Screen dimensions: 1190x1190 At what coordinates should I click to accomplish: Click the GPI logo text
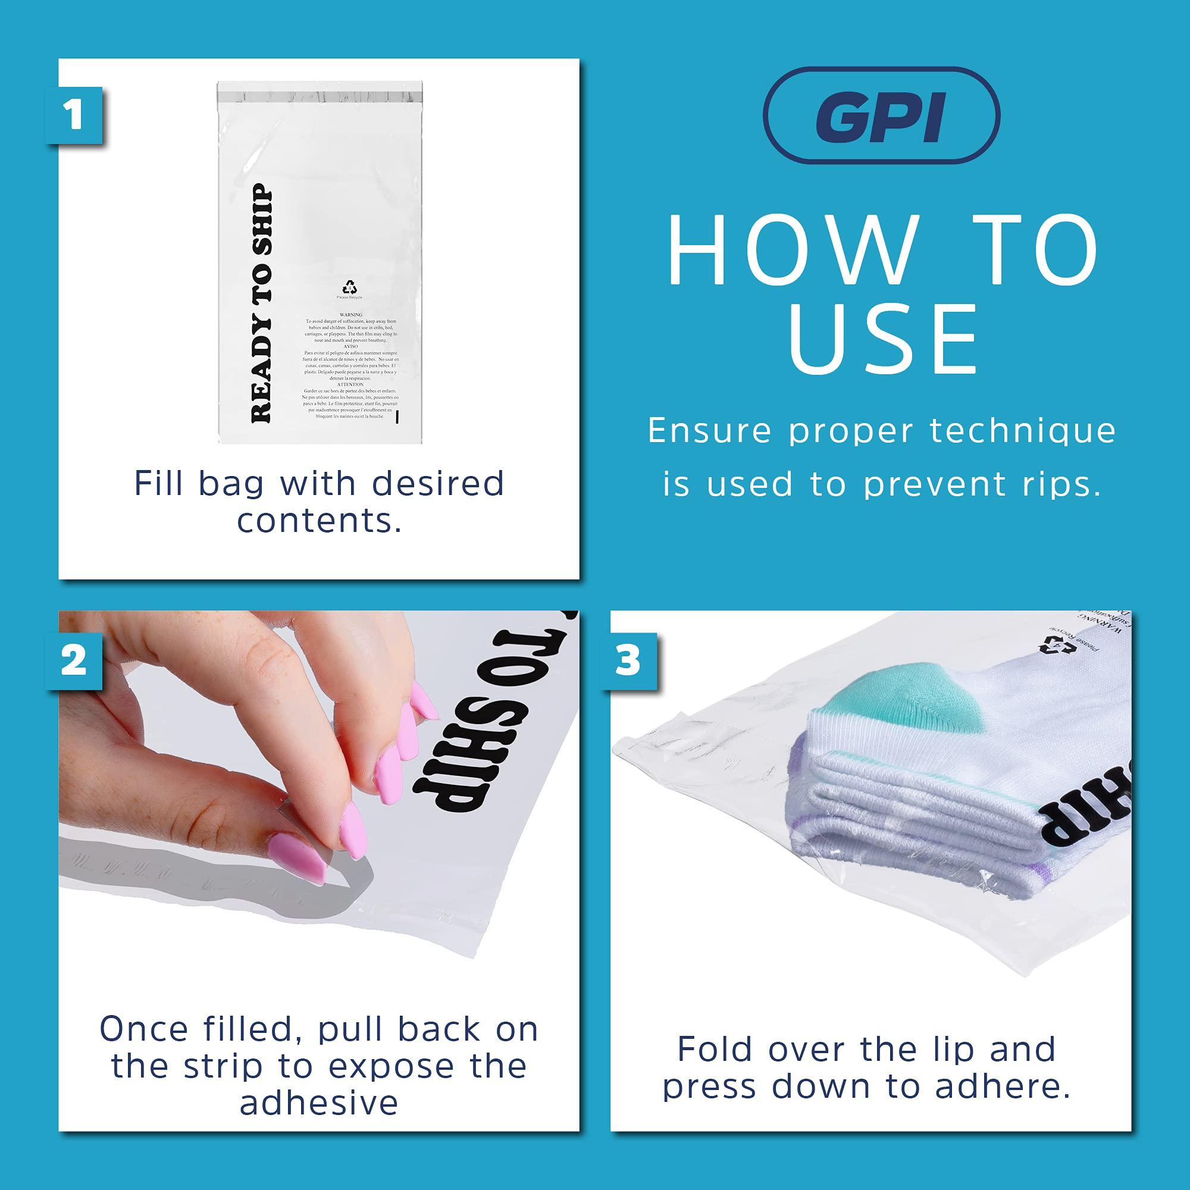click(881, 117)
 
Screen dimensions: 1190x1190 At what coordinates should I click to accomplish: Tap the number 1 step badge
click(74, 115)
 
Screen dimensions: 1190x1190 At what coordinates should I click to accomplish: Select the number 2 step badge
click(74, 661)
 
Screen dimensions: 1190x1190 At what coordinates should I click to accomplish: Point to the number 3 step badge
click(628, 661)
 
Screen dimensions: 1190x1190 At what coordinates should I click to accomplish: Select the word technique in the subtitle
click(1022, 430)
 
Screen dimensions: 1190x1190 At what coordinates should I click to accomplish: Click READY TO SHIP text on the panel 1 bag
click(261, 303)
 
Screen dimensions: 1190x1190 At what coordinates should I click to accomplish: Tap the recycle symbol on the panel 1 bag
click(349, 287)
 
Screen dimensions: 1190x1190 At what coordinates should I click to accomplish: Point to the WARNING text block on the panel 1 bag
click(350, 366)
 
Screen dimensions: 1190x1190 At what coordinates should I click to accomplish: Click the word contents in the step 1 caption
click(319, 521)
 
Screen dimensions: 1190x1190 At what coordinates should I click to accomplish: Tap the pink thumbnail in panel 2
click(297, 856)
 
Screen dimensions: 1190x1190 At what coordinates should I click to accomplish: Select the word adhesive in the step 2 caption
click(319, 1103)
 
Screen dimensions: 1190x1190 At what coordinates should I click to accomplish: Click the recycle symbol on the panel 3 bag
click(1051, 644)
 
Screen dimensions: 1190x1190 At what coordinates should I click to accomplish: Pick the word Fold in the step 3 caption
click(715, 1050)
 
